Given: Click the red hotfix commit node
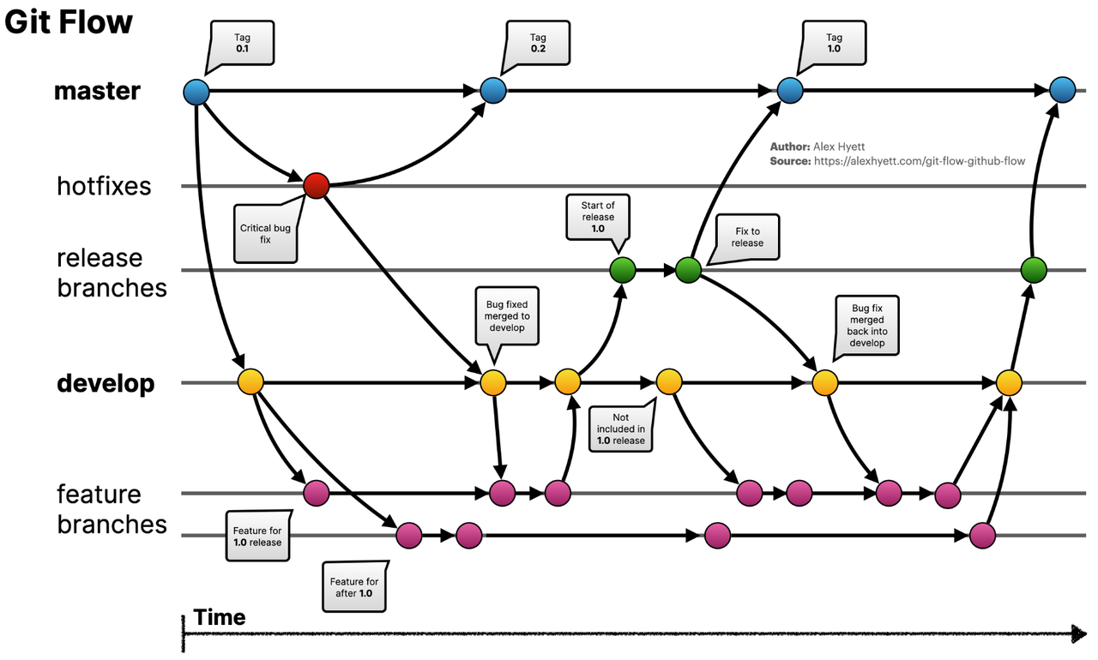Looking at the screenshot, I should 317,185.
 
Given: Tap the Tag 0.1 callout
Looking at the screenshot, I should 242,44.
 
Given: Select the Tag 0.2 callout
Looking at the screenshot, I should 538,44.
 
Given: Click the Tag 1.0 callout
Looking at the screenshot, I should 833,44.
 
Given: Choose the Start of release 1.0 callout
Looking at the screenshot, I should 598,217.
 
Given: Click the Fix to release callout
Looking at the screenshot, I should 747,237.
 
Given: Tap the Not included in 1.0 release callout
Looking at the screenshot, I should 621,429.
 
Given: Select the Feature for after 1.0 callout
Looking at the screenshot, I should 354,587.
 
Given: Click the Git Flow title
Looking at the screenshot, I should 69,21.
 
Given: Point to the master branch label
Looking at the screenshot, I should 97,91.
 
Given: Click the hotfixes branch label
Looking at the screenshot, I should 104,186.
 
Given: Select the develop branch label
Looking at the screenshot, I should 106,383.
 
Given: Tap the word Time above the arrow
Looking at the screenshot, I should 220,617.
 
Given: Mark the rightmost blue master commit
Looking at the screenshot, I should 1062,90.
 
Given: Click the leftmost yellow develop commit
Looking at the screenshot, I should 250,381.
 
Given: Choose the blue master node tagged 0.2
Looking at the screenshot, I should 493,90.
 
